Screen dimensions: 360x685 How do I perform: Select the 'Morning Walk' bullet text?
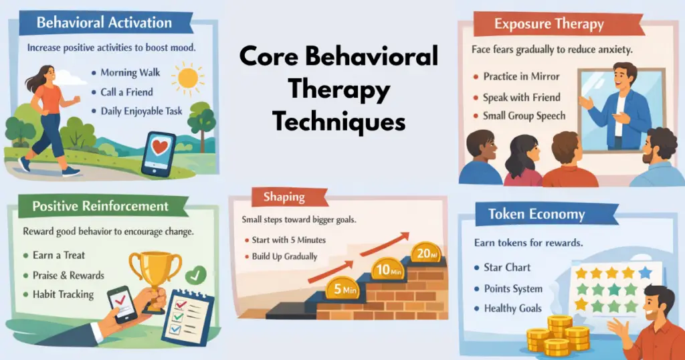130,72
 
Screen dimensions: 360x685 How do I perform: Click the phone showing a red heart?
159,153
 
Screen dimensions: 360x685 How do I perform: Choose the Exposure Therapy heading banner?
548,25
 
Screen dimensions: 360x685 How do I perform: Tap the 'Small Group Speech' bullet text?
524,116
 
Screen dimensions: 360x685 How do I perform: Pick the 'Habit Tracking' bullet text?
64,294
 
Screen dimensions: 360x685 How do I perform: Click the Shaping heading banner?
284,197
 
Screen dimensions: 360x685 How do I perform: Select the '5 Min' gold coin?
342,290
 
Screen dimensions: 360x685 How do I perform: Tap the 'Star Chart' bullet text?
507,267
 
